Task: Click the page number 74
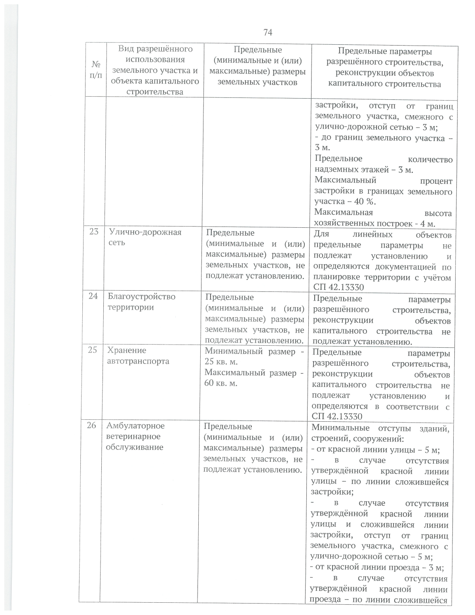click(x=268, y=32)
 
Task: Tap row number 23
click(x=94, y=232)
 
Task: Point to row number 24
click(x=93, y=296)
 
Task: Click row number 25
click(x=92, y=350)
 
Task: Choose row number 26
click(x=91, y=425)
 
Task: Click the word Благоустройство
click(x=141, y=297)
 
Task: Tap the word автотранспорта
click(x=138, y=361)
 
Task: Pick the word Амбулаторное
click(x=135, y=426)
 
